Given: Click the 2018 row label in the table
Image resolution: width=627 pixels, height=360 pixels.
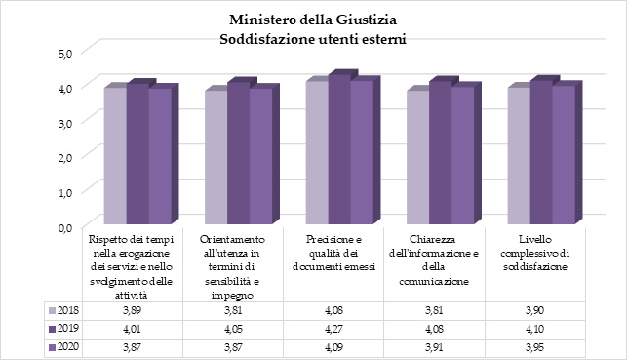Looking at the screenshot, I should click(67, 309).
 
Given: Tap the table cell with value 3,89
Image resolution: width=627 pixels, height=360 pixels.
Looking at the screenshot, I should click(130, 309).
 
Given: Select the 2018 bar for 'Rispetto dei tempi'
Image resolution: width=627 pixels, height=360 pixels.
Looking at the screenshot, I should click(115, 156).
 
